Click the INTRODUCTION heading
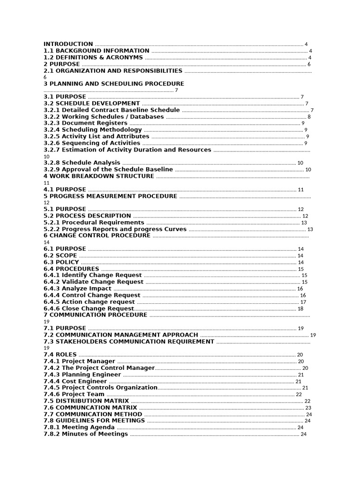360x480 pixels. pyautogui.click(x=68, y=44)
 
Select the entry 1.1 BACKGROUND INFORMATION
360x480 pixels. pyautogui.click(x=97, y=51)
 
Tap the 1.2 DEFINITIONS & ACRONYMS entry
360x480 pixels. pyautogui.click(x=93, y=57)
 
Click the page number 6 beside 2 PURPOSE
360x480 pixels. pyautogui.click(x=309, y=64)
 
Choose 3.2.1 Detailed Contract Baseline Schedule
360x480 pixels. pyautogui.click(x=112, y=110)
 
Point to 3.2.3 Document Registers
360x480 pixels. pyautogui.click(x=85, y=123)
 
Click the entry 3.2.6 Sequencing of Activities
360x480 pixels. pyautogui.click(x=92, y=143)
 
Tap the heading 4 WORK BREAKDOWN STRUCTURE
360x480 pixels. pyautogui.click(x=99, y=176)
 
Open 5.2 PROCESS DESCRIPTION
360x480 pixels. pyautogui.click(x=87, y=216)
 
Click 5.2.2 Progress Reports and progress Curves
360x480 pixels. pyautogui.click(x=115, y=229)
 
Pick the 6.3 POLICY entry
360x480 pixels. pyautogui.click(x=61, y=262)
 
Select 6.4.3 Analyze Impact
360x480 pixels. pyautogui.click(x=78, y=289)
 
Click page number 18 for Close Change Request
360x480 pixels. pyautogui.click(x=300, y=308)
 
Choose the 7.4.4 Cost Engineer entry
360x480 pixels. pyautogui.click(x=75, y=382)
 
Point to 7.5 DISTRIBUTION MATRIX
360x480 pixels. pyautogui.click(x=86, y=401)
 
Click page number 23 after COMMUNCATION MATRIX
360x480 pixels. pyautogui.click(x=308, y=408)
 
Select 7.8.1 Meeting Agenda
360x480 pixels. pyautogui.click(x=79, y=427)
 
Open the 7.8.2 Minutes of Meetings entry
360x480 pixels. pyautogui.click(x=86, y=434)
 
